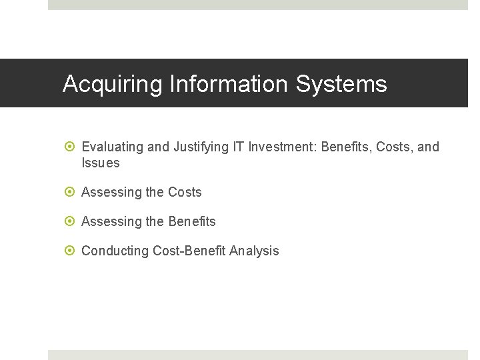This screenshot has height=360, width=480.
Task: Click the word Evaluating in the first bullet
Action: (113, 147)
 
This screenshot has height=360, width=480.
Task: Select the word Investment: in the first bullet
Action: (283, 147)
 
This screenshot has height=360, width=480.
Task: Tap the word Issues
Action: (101, 163)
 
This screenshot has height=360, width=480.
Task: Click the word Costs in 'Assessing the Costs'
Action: (185, 193)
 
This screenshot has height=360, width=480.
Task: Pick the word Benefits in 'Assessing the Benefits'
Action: (192, 222)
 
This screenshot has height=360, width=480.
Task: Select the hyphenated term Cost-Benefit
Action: (189, 251)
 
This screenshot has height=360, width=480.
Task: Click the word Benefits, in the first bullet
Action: (346, 147)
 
